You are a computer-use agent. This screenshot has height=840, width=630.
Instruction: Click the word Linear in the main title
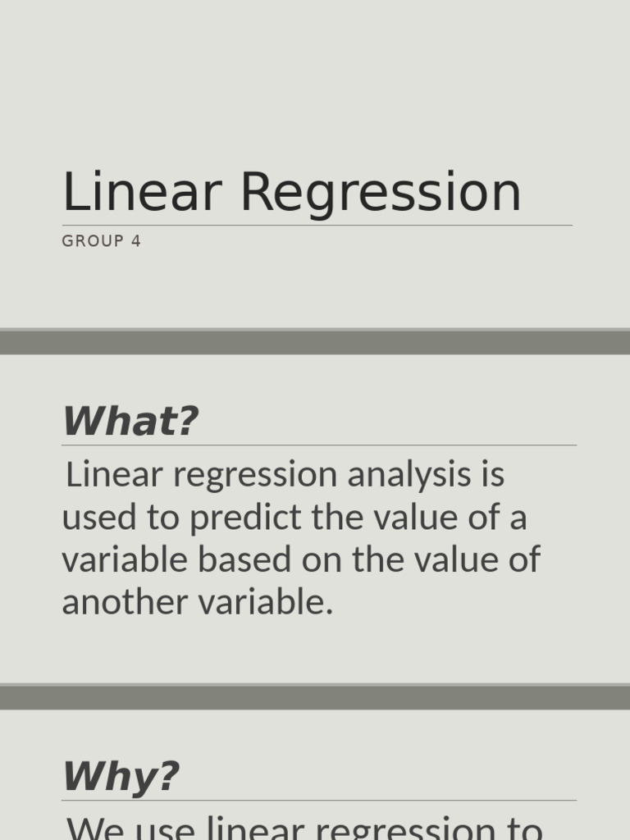point(142,193)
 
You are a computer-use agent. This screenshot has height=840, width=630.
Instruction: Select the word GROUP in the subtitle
point(93,241)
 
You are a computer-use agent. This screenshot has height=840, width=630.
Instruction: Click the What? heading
point(130,422)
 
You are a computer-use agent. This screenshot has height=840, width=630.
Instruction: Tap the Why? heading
point(121,777)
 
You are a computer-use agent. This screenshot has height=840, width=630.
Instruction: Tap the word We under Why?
point(94,827)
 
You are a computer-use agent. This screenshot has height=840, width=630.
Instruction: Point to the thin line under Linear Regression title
point(317,226)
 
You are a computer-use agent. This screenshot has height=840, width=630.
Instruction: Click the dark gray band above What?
point(315,342)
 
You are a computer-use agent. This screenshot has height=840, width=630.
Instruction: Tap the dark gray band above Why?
point(315,697)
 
